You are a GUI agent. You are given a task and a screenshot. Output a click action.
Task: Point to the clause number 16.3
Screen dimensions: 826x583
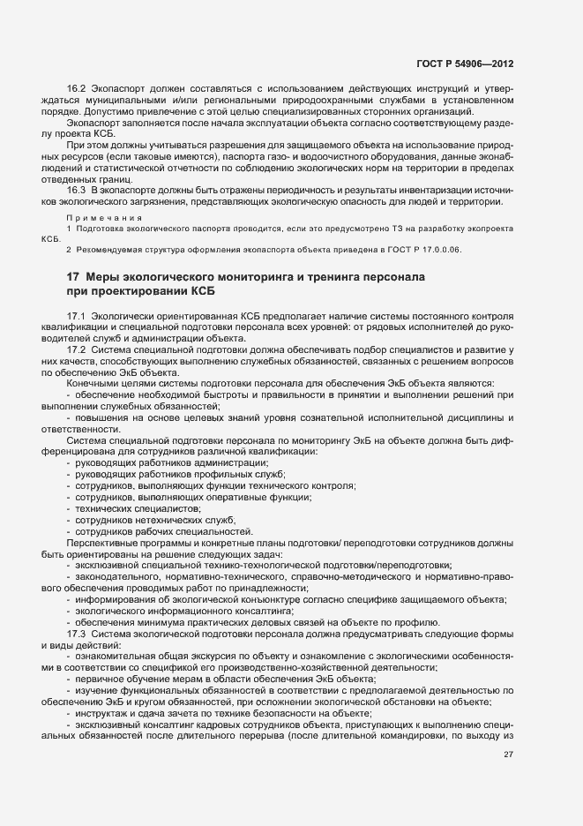pos(76,191)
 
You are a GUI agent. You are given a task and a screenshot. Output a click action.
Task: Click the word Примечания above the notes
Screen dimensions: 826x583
pos(98,216)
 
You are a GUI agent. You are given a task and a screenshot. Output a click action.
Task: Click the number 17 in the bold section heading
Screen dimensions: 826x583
pos(74,277)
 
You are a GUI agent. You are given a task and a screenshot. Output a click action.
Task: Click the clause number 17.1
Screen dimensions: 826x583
pos(76,316)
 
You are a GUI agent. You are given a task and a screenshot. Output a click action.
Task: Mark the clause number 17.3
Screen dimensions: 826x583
pos(76,635)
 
